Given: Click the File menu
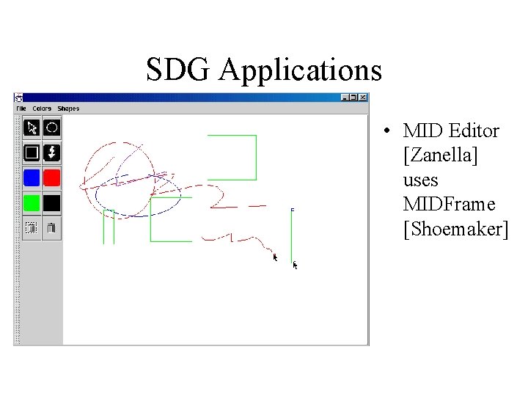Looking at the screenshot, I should click(21, 109).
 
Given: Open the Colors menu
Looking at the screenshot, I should click(42, 109).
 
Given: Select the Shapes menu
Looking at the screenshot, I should click(68, 109).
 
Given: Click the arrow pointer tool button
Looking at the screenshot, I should click(32, 128).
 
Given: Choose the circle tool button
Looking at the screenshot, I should click(51, 128).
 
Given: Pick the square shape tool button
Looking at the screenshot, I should click(32, 153).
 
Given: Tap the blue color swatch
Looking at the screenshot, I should click(32, 177).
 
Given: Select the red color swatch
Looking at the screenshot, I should click(51, 177).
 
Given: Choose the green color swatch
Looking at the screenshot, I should click(32, 202).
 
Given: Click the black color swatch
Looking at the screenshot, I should click(51, 202).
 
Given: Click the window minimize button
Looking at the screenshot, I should click(345, 98).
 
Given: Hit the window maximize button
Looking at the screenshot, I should click(353, 98).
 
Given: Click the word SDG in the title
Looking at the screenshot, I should click(178, 70).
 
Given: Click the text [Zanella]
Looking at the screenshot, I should click(441, 156).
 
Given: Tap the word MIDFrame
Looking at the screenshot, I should click(449, 204).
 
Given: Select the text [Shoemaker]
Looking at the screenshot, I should click(455, 229).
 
